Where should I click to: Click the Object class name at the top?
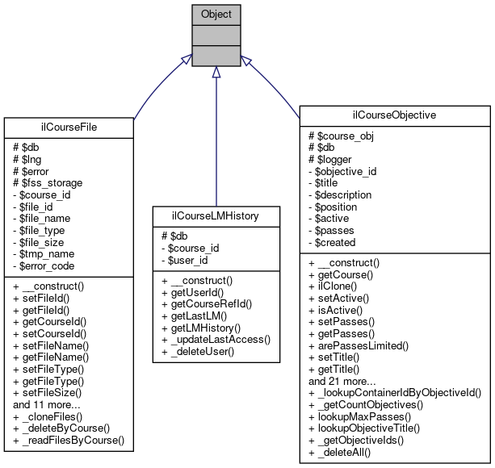pos(215,14)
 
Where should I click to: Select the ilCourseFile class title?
pos(68,126)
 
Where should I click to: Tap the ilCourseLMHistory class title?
pos(216,216)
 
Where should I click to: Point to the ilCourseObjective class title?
pos(396,115)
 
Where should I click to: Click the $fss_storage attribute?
pos(49,183)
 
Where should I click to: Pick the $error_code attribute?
pos(47,265)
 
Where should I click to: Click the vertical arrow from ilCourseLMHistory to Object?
pos(216,137)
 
